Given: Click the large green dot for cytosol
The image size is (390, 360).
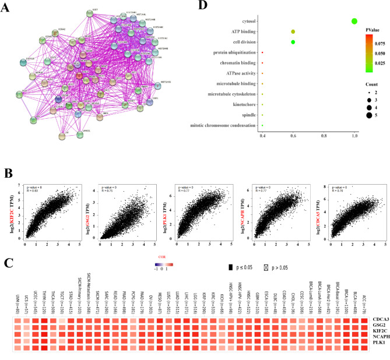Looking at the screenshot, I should click(354, 22).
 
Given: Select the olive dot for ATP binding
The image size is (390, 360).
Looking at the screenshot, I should click(293, 32).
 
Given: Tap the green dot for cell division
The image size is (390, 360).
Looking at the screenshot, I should click(293, 42).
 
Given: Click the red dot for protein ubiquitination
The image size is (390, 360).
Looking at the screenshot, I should click(263, 52).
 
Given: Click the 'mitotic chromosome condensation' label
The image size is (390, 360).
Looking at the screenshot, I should click(218, 125).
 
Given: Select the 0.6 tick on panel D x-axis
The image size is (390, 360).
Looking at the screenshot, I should click(293, 136).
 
